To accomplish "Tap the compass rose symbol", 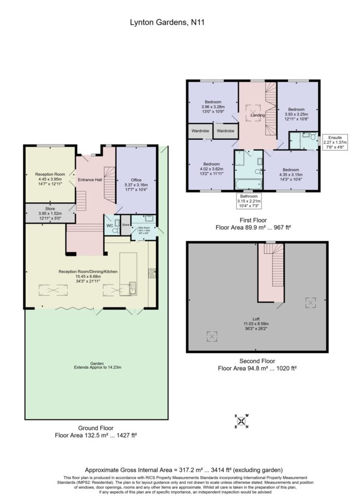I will pyautogui.click(x=242, y=421).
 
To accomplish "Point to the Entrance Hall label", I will pyautogui.click(x=90, y=180).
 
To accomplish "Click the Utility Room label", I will pyautogui.click(x=143, y=230).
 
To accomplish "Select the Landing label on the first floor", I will pyautogui.click(x=258, y=115).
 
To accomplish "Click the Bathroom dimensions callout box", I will pyautogui.click(x=249, y=201).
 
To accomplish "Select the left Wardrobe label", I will pyautogui.click(x=200, y=131).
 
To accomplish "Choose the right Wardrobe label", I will pyautogui.click(x=226, y=131).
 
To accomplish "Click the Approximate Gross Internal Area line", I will pyautogui.click(x=184, y=470).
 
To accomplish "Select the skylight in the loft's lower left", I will pyautogui.click(x=212, y=336).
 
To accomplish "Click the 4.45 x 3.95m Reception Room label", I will pyautogui.click(x=50, y=179).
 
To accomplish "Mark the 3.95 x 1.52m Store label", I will pyautogui.click(x=50, y=213).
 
